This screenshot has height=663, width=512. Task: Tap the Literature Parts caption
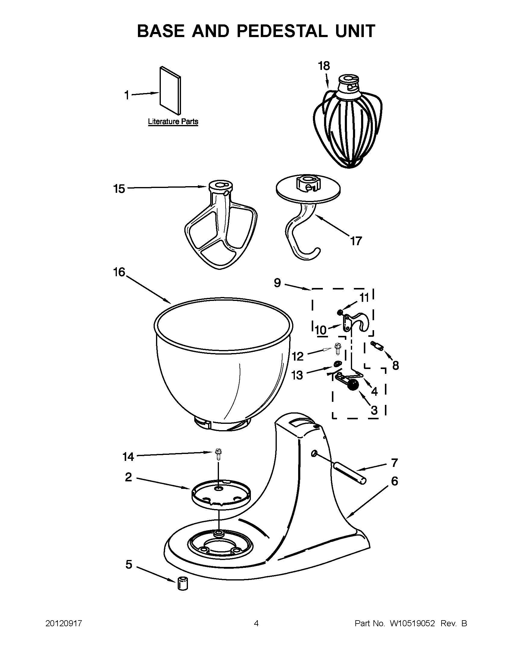(173, 122)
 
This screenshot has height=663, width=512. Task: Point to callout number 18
(324, 66)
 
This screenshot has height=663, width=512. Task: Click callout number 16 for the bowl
(119, 272)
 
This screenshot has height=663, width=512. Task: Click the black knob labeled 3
(353, 385)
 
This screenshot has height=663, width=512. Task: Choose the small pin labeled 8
(377, 346)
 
